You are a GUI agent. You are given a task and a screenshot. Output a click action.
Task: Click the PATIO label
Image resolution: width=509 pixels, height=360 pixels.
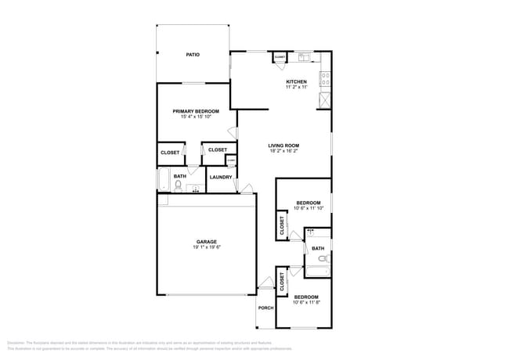pos(192,55)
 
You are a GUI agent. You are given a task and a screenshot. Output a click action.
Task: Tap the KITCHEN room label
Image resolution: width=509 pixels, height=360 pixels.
pos(296,81)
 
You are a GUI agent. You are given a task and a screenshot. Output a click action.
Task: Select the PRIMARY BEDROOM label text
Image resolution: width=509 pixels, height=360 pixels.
pos(196,111)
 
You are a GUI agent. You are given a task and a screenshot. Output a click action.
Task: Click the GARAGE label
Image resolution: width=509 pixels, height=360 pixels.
pos(207,242)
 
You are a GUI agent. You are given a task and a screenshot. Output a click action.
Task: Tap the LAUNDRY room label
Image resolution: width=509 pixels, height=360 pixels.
pos(221,177)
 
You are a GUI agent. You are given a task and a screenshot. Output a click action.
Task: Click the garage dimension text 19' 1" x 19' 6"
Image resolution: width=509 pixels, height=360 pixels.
pos(207,247)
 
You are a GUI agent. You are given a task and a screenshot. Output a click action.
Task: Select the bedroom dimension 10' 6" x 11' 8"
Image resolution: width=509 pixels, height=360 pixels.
pos(306,302)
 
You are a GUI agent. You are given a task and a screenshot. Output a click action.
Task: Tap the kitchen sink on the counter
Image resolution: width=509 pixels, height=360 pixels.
pos(305,56)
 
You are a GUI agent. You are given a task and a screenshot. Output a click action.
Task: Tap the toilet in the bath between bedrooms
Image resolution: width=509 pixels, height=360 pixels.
pos(323,257)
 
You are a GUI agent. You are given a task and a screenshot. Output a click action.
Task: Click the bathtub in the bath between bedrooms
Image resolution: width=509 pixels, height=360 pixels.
pos(317,272)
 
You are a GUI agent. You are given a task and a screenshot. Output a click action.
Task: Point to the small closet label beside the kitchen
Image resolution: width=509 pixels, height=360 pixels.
pos(280,57)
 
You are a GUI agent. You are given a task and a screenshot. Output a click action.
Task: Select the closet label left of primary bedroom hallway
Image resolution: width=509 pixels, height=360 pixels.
pos(170,153)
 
